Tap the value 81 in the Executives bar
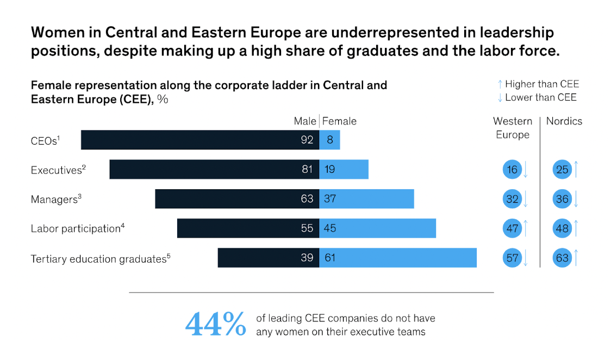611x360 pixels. (307, 170)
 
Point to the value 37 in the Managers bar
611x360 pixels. (330, 199)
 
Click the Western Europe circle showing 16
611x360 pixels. (512, 170)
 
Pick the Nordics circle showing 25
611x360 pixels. (562, 170)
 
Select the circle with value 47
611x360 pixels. (512, 228)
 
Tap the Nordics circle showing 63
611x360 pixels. (562, 258)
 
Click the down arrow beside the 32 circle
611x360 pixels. (526, 199)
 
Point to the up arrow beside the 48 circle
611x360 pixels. (576, 228)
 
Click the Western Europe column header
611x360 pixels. (512, 128)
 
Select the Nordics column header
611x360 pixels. (564, 121)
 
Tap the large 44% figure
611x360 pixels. (215, 324)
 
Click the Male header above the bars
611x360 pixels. (305, 121)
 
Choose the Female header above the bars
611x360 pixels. (339, 121)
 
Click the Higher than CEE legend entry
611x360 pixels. (538, 84)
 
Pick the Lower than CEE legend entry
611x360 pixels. (537, 98)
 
